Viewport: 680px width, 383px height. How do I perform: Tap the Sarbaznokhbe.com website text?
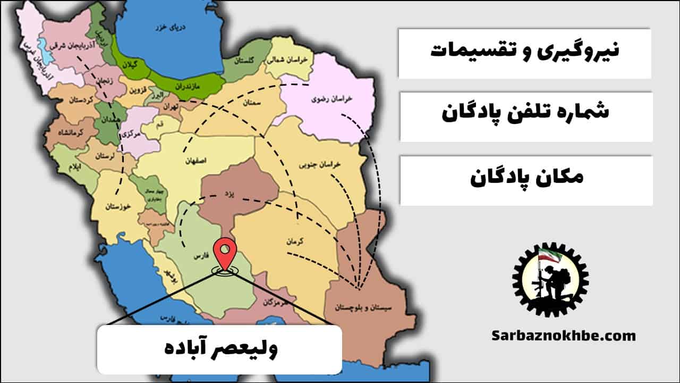point(563,336)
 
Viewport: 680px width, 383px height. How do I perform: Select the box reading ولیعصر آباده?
point(219,349)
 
